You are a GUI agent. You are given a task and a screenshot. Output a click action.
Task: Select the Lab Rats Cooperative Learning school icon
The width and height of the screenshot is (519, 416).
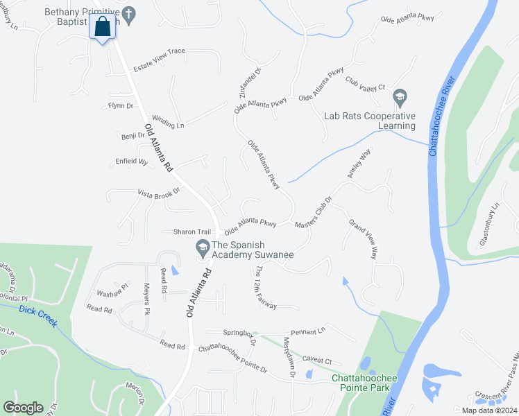[x=399, y=96]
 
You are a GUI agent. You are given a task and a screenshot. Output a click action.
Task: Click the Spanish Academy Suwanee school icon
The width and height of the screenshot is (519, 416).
[x=203, y=246]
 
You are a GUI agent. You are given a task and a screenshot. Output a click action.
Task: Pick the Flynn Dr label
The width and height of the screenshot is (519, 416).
[x=120, y=105]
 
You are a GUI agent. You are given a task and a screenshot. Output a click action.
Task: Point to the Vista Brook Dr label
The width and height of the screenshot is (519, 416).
[x=158, y=193]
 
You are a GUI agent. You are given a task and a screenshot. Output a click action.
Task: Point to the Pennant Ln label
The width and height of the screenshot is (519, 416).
[x=309, y=332]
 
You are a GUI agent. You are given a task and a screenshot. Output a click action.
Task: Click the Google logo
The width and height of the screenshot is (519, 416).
[x=23, y=407]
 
